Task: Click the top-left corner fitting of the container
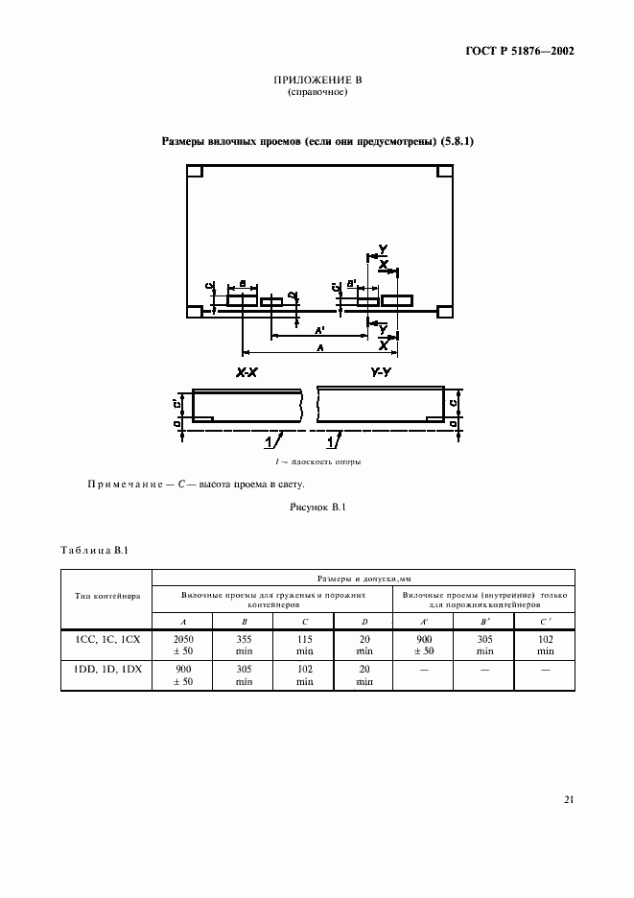[193, 173]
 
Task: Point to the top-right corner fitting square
[444, 173]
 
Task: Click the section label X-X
[247, 372]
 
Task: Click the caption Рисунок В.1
[317, 506]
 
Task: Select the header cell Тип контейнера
[107, 596]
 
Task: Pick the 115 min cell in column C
[304, 644]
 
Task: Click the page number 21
[569, 799]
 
